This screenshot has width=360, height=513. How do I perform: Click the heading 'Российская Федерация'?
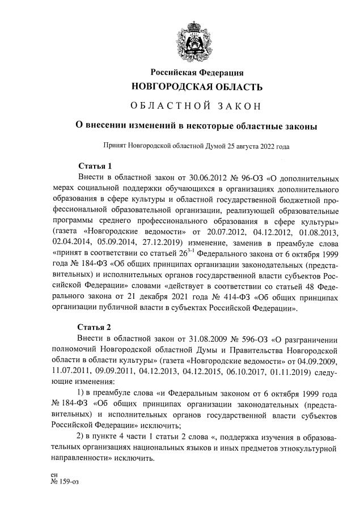197,72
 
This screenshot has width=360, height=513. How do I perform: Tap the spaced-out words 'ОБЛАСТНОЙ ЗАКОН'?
196,106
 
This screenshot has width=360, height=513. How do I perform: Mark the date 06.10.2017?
260,371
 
